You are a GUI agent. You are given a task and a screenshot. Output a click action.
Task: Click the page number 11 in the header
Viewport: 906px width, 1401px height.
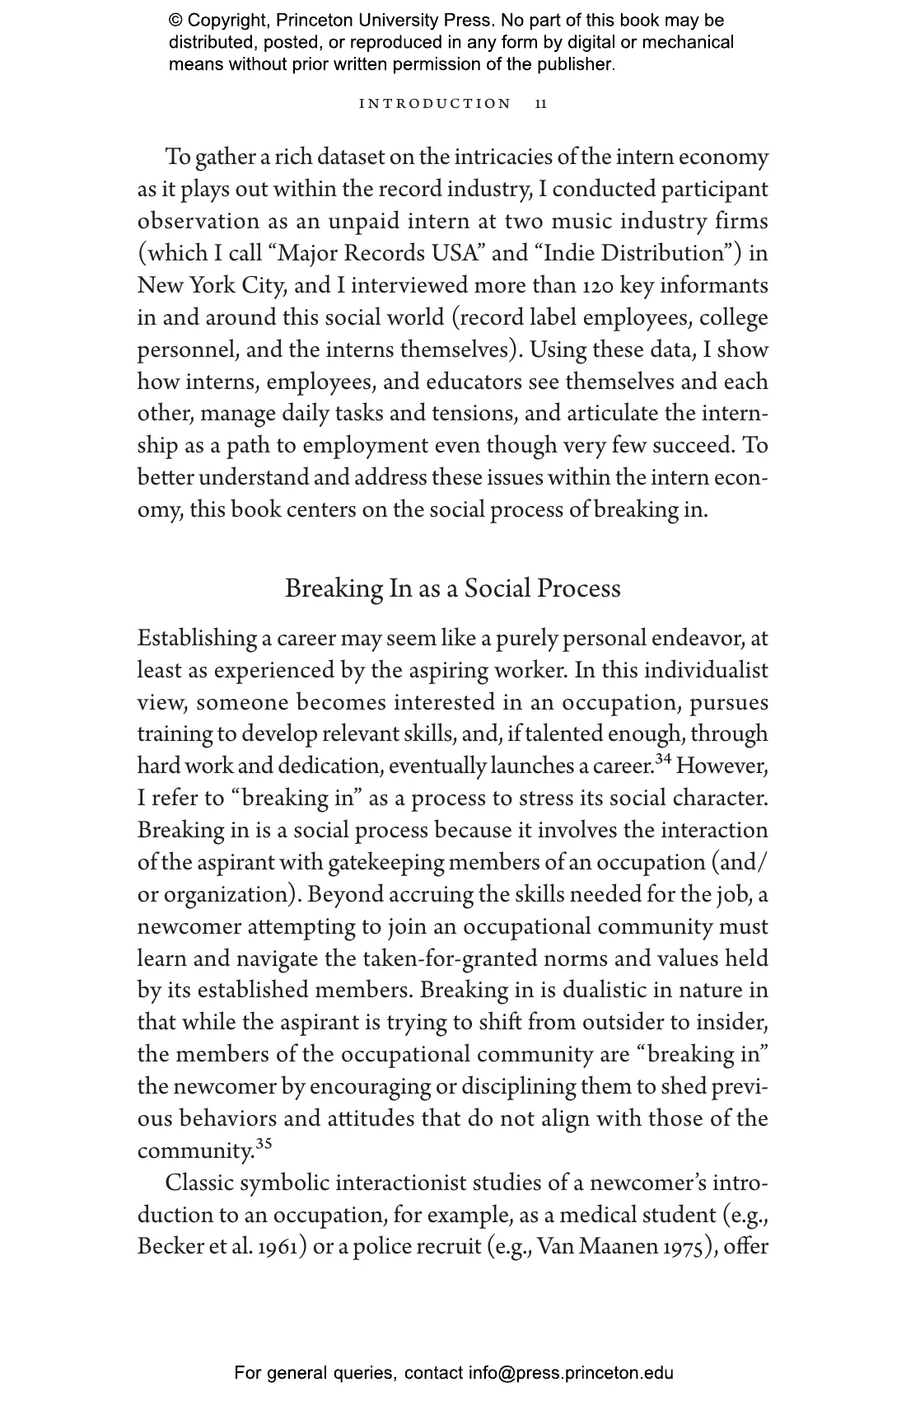click(x=540, y=104)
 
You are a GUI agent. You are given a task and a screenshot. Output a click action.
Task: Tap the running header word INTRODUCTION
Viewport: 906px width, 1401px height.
click(x=436, y=104)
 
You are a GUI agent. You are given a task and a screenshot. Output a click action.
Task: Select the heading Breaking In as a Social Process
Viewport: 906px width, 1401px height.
click(x=452, y=588)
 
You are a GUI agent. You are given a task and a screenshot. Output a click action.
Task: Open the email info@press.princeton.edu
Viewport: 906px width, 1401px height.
click(x=571, y=1373)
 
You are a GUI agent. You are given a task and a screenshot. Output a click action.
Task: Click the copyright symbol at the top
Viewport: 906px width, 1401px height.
click(x=176, y=21)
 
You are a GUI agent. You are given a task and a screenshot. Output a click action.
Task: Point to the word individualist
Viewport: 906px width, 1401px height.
click(x=706, y=671)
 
